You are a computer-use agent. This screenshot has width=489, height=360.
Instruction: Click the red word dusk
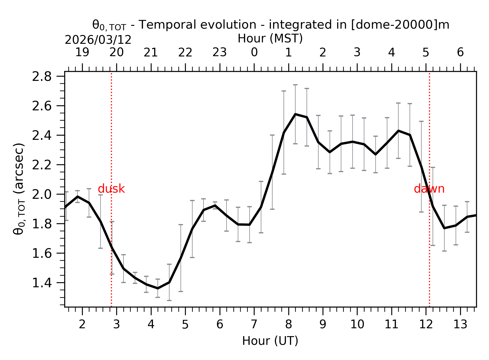[111, 189]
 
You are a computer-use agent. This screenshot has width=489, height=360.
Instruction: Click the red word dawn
[429, 189]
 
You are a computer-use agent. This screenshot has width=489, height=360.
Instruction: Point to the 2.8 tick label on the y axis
[42, 77]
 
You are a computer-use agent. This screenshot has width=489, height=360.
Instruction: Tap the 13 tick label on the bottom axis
[460, 325]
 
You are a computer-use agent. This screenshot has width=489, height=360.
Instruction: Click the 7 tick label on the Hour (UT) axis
[254, 325]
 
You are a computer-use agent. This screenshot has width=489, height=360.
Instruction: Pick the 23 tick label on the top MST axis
[220, 53]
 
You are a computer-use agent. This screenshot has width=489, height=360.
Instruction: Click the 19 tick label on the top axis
[82, 53]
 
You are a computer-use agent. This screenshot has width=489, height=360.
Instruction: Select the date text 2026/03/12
[98, 40]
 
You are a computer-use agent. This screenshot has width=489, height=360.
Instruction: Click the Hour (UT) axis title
[270, 341]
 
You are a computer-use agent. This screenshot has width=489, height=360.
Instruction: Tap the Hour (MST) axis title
[270, 38]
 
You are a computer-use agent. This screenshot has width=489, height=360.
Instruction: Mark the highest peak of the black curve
[295, 114]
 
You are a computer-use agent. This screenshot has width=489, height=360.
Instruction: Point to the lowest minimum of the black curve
[158, 288]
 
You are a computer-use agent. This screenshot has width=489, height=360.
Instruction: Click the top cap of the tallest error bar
[295, 85]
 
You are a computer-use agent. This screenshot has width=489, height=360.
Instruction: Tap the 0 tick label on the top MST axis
[254, 53]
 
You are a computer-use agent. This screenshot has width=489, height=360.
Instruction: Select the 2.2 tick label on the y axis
[42, 165]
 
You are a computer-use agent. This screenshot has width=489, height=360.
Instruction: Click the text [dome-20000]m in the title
[400, 25]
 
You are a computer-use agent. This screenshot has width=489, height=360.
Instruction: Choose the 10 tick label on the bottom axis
[357, 325]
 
